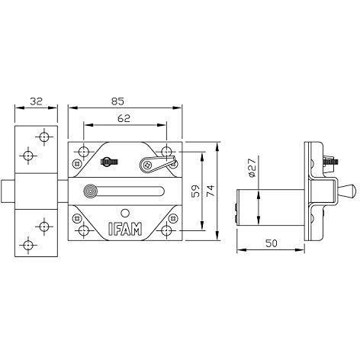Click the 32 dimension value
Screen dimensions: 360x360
(x=36, y=101)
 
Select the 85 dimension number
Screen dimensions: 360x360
(x=117, y=101)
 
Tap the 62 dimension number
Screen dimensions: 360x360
(x=124, y=118)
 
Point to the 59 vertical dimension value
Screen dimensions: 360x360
(x=195, y=191)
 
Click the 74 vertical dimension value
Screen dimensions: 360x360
(x=211, y=191)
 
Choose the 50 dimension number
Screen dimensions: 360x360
(x=271, y=243)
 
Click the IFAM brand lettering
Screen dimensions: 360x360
(x=125, y=229)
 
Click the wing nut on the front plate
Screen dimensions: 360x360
(x=110, y=162)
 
